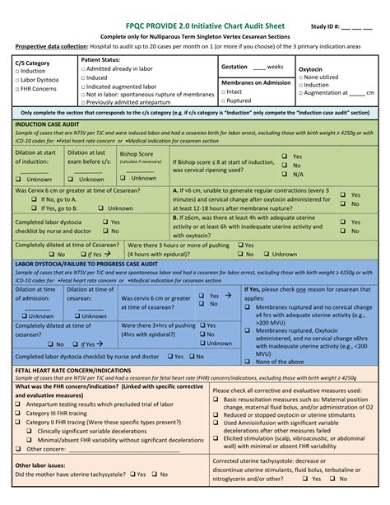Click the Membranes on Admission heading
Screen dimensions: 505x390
pyautogui.click(x=256, y=82)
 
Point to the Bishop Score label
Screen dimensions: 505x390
pyautogui.click(x=136, y=153)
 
